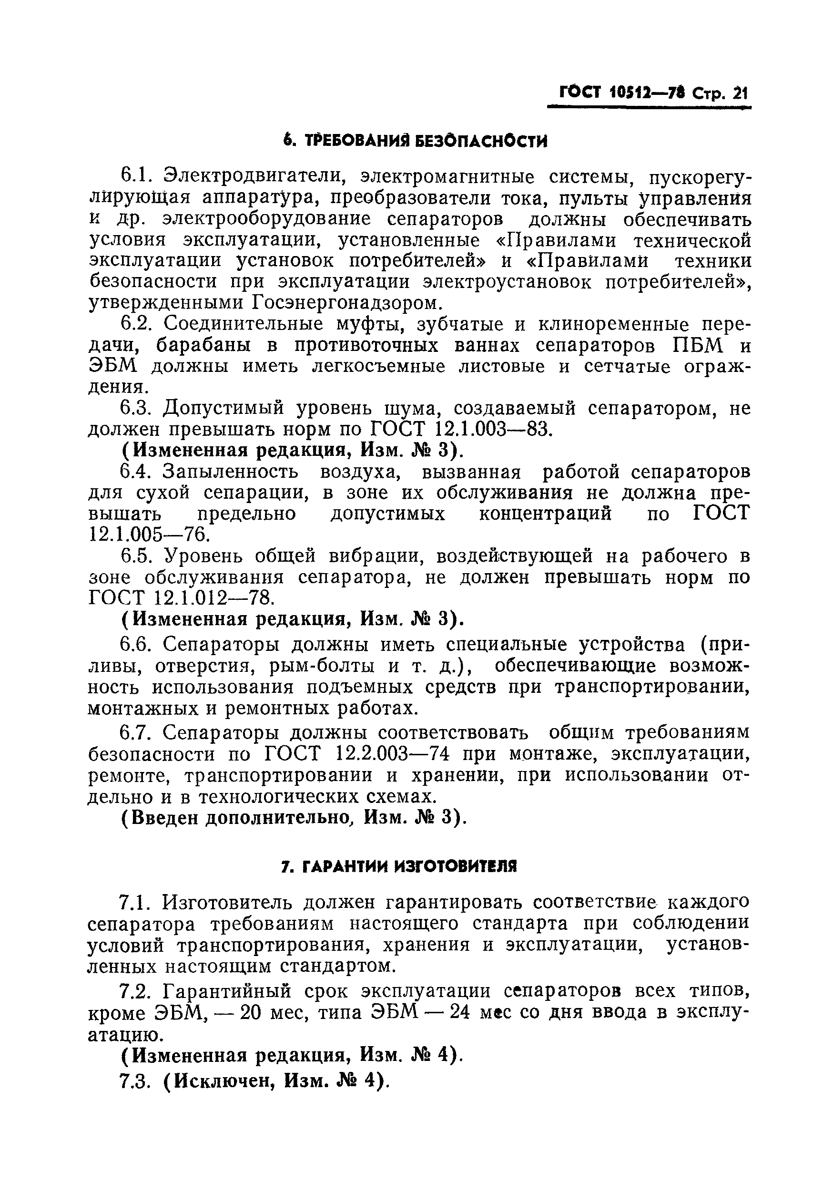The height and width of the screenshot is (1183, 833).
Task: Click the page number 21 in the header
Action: pos(739,93)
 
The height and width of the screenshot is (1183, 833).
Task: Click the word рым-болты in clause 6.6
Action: pos(322,666)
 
